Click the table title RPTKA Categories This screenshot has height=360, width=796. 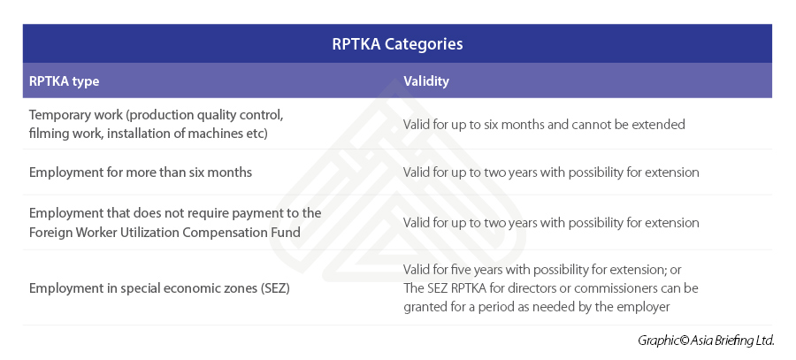pyautogui.click(x=397, y=43)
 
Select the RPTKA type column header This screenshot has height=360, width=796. pyautogui.click(x=64, y=81)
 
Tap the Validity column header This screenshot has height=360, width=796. pyautogui.click(x=426, y=81)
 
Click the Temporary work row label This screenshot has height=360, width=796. pyautogui.click(x=156, y=124)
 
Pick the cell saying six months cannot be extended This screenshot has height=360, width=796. pyautogui.click(x=544, y=125)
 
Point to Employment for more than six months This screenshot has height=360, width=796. pyautogui.click(x=141, y=172)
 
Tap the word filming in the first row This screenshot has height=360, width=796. pyautogui.click(x=50, y=134)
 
